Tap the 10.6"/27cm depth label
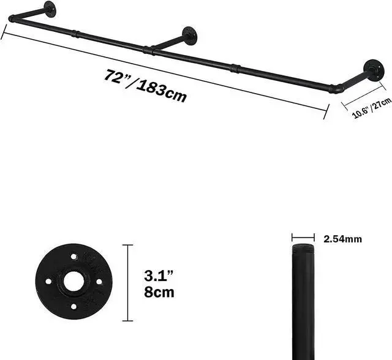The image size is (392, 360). pyautogui.click(x=372, y=107)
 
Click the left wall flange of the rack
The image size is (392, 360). pyautogui.click(x=48, y=9)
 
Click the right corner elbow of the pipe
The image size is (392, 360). pyautogui.click(x=335, y=89)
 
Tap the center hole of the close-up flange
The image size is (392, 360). pyautogui.click(x=74, y=282)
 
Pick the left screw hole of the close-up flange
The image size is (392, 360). pyautogui.click(x=50, y=282)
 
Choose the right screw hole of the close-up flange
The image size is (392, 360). pyautogui.click(x=98, y=282)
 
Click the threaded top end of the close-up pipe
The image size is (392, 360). pyautogui.click(x=303, y=251)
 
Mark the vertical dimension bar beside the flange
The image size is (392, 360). pyautogui.click(x=127, y=282)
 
